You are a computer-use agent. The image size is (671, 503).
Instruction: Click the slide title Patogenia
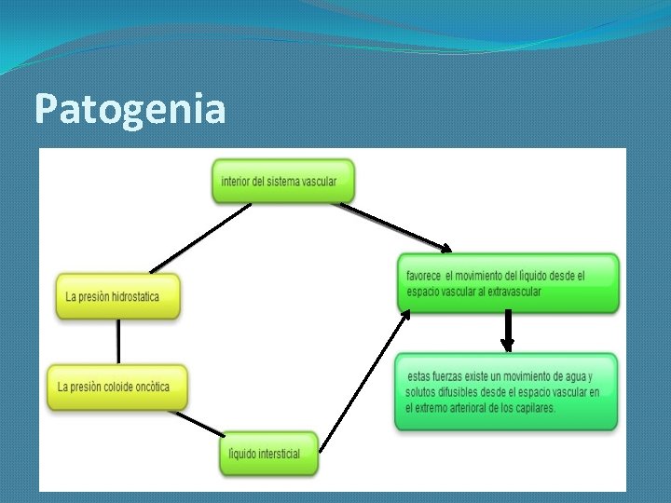point(130,109)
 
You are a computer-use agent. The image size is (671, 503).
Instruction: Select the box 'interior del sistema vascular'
point(283,181)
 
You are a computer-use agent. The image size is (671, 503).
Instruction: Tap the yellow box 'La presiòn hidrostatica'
point(117,296)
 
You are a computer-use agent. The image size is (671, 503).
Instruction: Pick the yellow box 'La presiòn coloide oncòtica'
point(117,387)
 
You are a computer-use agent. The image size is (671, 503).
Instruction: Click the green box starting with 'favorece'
point(508,282)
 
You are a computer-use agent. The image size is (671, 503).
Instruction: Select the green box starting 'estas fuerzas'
point(505,391)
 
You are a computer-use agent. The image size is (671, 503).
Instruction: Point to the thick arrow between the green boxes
point(508,332)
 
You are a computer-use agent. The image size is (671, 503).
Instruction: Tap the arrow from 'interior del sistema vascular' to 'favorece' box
point(391,226)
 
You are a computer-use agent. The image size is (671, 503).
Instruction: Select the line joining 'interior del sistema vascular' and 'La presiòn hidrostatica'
point(201,238)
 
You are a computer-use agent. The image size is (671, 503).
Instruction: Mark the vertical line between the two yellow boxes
point(118,343)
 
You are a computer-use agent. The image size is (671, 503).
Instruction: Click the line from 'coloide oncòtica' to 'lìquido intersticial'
point(197,422)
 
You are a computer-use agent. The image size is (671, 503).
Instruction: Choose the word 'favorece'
point(424,276)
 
